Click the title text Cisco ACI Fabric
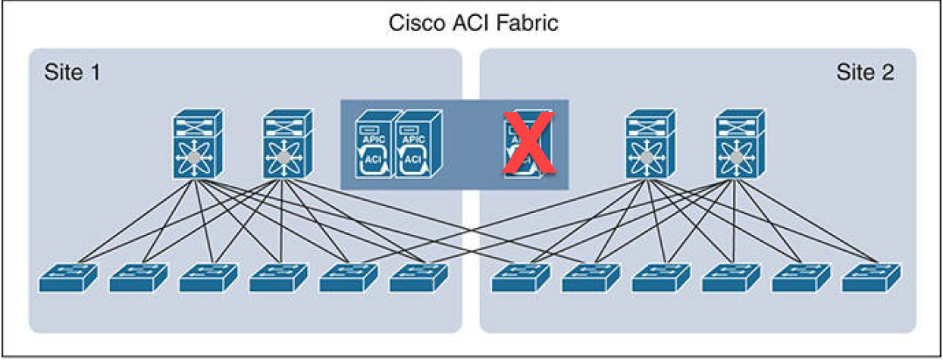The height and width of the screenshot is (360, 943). click(x=473, y=23)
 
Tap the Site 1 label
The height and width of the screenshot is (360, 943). click(x=72, y=73)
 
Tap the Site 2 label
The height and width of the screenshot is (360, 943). click(x=865, y=73)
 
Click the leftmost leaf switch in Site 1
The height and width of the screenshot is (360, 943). click(x=67, y=278)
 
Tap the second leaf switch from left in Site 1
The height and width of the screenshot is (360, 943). click(x=138, y=278)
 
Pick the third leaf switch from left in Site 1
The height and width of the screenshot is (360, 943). click(x=208, y=278)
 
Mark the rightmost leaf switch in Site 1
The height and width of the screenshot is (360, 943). click(x=419, y=278)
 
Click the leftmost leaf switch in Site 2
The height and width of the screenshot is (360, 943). click(x=521, y=278)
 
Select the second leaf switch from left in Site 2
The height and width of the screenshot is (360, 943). click(x=591, y=278)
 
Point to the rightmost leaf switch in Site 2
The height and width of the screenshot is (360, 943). click(x=872, y=278)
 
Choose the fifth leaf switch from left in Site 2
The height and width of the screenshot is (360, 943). click(x=801, y=278)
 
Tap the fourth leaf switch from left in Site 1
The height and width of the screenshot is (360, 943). click(x=279, y=278)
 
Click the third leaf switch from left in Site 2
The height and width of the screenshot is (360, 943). click(x=661, y=278)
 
